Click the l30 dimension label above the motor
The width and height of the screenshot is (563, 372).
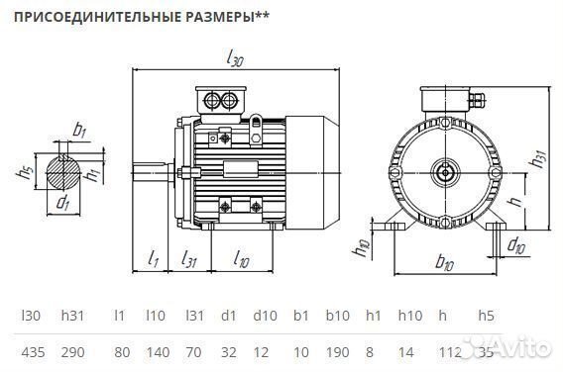[x=234, y=60]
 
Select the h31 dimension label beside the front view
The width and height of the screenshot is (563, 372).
[x=538, y=156]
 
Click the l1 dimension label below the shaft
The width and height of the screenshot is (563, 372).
[x=154, y=258]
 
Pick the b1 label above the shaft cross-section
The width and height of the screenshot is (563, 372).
[x=79, y=129]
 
